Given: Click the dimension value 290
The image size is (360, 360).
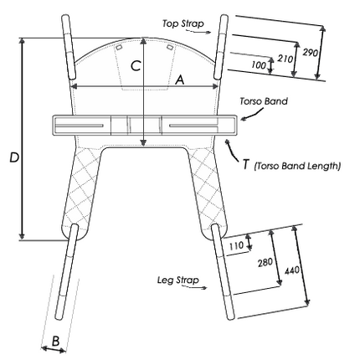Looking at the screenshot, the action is point(311,52).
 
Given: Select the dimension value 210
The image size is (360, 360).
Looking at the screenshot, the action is point(285,59).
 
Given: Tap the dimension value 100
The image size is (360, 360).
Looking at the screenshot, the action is point(259,65).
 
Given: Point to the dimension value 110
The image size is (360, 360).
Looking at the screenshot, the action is point(237,246).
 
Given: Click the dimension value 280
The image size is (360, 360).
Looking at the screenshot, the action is point(265,262).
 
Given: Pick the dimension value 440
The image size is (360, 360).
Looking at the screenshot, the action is point(292,270).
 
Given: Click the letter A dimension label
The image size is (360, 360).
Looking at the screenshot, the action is point(180,80).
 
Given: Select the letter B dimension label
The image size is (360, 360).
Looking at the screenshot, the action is point(56,341).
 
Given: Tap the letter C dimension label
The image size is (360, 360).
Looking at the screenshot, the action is point(136,66).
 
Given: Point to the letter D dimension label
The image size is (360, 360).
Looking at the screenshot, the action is point(14,157).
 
